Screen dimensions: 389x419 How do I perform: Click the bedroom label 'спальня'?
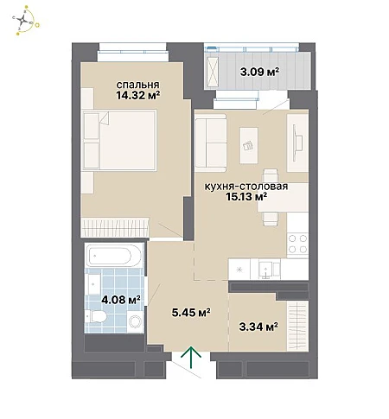point(137,85)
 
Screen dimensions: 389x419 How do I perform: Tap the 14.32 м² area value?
point(138,95)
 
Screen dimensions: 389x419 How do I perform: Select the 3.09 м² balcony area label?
point(260,71)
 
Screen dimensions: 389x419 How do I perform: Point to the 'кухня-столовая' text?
point(246,187)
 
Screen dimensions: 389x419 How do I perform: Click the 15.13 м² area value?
point(246,197)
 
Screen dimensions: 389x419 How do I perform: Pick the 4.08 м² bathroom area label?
point(121,300)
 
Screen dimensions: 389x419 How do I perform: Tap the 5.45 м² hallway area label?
point(191,312)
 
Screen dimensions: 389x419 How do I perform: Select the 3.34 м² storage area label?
point(258,327)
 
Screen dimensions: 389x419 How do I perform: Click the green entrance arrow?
point(191,357)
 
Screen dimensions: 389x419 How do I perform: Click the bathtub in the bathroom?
point(114,255)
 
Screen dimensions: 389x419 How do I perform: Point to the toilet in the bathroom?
point(96,317)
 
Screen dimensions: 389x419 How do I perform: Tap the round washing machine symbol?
point(136,321)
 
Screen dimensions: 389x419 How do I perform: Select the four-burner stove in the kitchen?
point(297,244)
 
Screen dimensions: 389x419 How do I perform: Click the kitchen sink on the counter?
point(266,270)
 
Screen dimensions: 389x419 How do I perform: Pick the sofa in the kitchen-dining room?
point(211,141)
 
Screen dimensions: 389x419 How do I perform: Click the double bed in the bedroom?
point(119,140)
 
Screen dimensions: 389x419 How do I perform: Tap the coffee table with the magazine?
point(249,146)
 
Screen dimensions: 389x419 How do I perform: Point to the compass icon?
point(25,21)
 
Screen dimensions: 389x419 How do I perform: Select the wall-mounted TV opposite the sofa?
point(297,143)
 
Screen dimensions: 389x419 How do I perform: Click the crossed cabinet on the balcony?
point(213,72)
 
